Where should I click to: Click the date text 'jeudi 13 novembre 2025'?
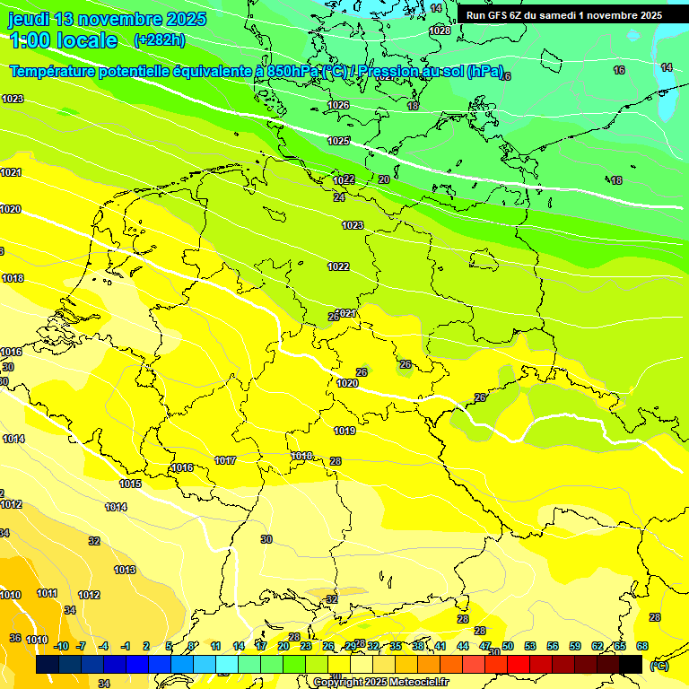point(107,20)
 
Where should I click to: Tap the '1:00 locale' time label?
point(63,40)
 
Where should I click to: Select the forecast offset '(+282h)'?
point(159,40)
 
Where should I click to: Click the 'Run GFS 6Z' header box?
point(564,15)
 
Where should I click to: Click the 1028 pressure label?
point(440,31)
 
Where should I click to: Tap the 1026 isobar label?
point(338,106)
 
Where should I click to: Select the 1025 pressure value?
point(338,142)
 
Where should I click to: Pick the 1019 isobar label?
point(344,432)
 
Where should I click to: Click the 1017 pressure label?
point(225,461)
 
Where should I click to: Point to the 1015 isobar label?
point(130,484)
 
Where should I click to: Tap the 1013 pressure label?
point(125,571)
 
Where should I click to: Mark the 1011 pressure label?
point(47,594)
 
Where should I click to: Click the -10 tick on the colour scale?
point(61,646)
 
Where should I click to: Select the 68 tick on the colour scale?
point(642,646)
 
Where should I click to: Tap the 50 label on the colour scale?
point(508,646)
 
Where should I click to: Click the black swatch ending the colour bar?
point(631,664)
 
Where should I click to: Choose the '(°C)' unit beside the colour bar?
point(658,666)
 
